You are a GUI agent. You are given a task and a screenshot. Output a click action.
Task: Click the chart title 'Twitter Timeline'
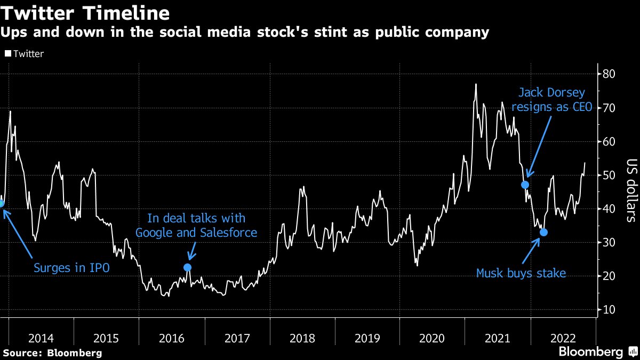pyautogui.click(x=86, y=12)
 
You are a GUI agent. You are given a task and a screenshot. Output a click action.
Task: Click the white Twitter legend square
pyautogui.click(x=7, y=54)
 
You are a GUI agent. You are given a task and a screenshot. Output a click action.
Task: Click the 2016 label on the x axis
pyautogui.click(x=171, y=338)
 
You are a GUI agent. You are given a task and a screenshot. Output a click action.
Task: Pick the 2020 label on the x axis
pyautogui.click(x=433, y=338)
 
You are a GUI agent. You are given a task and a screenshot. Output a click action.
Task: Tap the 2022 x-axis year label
pyautogui.click(x=563, y=338)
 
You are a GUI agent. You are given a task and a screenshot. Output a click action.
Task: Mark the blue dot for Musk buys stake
pyautogui.click(x=543, y=232)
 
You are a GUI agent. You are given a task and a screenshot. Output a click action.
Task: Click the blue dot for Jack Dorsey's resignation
pyautogui.click(x=525, y=185)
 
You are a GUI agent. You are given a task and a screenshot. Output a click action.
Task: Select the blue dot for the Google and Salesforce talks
pyautogui.click(x=187, y=267)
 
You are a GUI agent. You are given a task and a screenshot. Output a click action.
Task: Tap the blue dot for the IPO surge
pyautogui.click(x=2, y=203)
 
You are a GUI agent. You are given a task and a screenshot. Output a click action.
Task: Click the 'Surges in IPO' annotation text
pyautogui.click(x=71, y=268)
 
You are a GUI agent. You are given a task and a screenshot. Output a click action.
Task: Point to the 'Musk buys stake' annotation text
pyautogui.click(x=521, y=274)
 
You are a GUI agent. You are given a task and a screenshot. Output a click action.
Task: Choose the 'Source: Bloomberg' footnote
pyautogui.click(x=52, y=353)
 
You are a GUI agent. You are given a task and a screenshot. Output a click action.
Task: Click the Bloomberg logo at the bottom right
pyautogui.click(x=590, y=352)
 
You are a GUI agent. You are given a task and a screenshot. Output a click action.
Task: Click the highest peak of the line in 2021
pyautogui.click(x=476, y=84)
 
